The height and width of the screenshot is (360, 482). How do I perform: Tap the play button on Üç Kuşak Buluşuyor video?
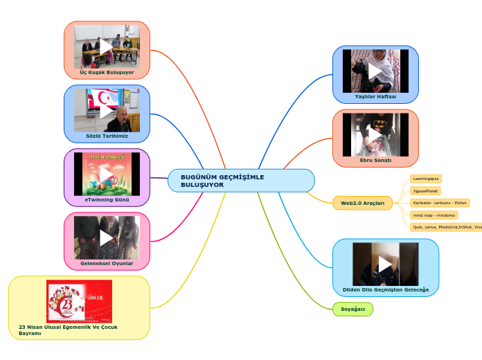click(107, 46)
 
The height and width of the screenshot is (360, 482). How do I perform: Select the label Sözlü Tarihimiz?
click(107, 136)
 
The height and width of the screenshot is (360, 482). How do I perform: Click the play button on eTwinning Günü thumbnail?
click(107, 174)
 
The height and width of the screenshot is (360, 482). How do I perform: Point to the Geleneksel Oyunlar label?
click(107, 263)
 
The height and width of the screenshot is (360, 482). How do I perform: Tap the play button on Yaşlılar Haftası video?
click(375, 71)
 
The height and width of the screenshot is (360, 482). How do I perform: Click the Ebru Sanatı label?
click(375, 160)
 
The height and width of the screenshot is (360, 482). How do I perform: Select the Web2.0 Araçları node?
click(363, 203)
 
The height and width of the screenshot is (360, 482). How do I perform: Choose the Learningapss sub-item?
click(426, 179)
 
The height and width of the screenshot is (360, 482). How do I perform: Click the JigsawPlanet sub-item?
click(425, 190)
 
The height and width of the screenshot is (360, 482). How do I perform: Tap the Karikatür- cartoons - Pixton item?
click(440, 203)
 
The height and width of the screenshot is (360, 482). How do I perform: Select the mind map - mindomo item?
click(434, 215)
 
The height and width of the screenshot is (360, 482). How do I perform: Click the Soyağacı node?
click(352, 309)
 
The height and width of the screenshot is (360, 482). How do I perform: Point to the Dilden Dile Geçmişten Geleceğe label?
click(386, 289)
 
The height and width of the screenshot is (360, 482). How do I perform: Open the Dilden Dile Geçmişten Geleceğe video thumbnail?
click(386, 264)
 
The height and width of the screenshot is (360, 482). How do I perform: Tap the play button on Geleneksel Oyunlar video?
click(107, 237)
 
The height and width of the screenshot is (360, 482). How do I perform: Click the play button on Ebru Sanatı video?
click(375, 134)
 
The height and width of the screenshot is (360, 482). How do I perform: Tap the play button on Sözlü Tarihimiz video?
click(107, 110)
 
